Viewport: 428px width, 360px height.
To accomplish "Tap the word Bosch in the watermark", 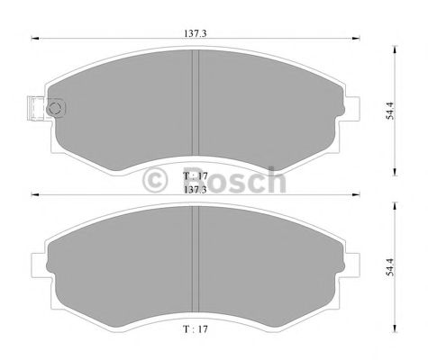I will tap(232, 180).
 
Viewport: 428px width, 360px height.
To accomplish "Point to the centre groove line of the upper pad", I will tap(196, 103).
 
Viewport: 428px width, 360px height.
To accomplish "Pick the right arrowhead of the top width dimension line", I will tap(357, 38).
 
